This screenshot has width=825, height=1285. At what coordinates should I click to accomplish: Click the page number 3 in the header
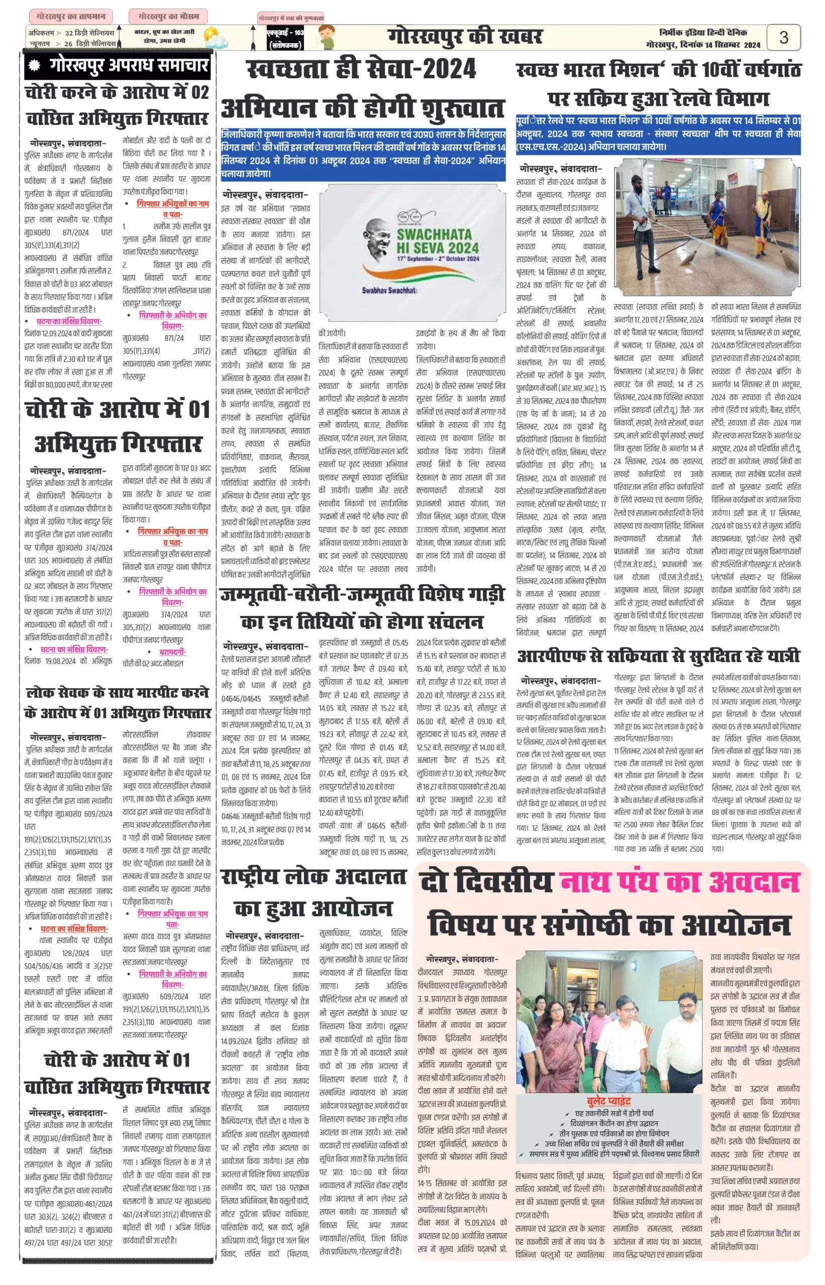coord(783,38)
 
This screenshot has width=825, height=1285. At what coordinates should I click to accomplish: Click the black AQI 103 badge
coord(285,39)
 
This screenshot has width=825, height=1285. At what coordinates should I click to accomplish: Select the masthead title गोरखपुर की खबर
coord(464,37)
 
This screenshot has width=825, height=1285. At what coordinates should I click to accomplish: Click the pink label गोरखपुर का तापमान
coord(71,16)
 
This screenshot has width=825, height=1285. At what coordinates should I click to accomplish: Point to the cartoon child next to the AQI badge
coord(326,38)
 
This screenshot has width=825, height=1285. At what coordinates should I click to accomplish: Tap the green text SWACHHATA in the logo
coord(434,234)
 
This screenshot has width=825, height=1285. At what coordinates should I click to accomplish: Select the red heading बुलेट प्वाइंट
coord(608,1101)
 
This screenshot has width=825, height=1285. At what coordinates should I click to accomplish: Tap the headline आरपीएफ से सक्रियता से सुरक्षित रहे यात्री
coord(658,656)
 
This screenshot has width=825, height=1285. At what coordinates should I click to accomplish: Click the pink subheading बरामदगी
coord(172,652)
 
